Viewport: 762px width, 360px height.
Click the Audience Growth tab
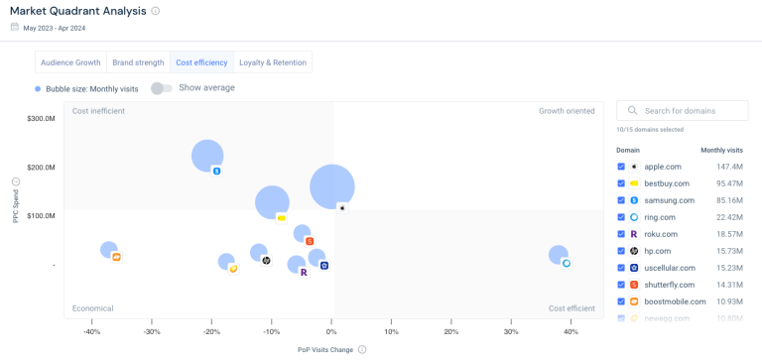pyautogui.click(x=70, y=62)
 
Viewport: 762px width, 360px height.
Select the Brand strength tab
pyautogui.click(x=138, y=62)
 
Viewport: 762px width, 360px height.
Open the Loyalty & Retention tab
pyautogui.click(x=272, y=62)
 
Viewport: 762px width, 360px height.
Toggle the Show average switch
pyautogui.click(x=161, y=88)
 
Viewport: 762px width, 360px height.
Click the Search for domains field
pyautogui.click(x=690, y=110)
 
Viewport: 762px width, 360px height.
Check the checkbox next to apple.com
pyautogui.click(x=621, y=167)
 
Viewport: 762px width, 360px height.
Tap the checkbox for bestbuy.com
pyautogui.click(x=621, y=183)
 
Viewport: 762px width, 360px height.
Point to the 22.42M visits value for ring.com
pyautogui.click(x=729, y=217)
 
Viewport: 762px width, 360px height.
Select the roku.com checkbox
pyautogui.click(x=621, y=234)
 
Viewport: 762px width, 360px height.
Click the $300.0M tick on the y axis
pyautogui.click(x=41, y=119)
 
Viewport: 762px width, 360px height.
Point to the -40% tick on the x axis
pyautogui.click(x=91, y=332)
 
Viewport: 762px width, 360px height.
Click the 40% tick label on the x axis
pyautogui.click(x=571, y=332)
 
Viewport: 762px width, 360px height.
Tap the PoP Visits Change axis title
pyautogui.click(x=324, y=349)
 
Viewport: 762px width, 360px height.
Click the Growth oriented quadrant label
pyautogui.click(x=567, y=111)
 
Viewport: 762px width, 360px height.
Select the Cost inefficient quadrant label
pyautogui.click(x=98, y=111)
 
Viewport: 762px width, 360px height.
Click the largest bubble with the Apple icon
pyautogui.click(x=332, y=185)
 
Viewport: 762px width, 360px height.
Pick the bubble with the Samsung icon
pyautogui.click(x=207, y=155)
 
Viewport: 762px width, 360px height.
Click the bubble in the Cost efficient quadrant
pyautogui.click(x=559, y=255)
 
